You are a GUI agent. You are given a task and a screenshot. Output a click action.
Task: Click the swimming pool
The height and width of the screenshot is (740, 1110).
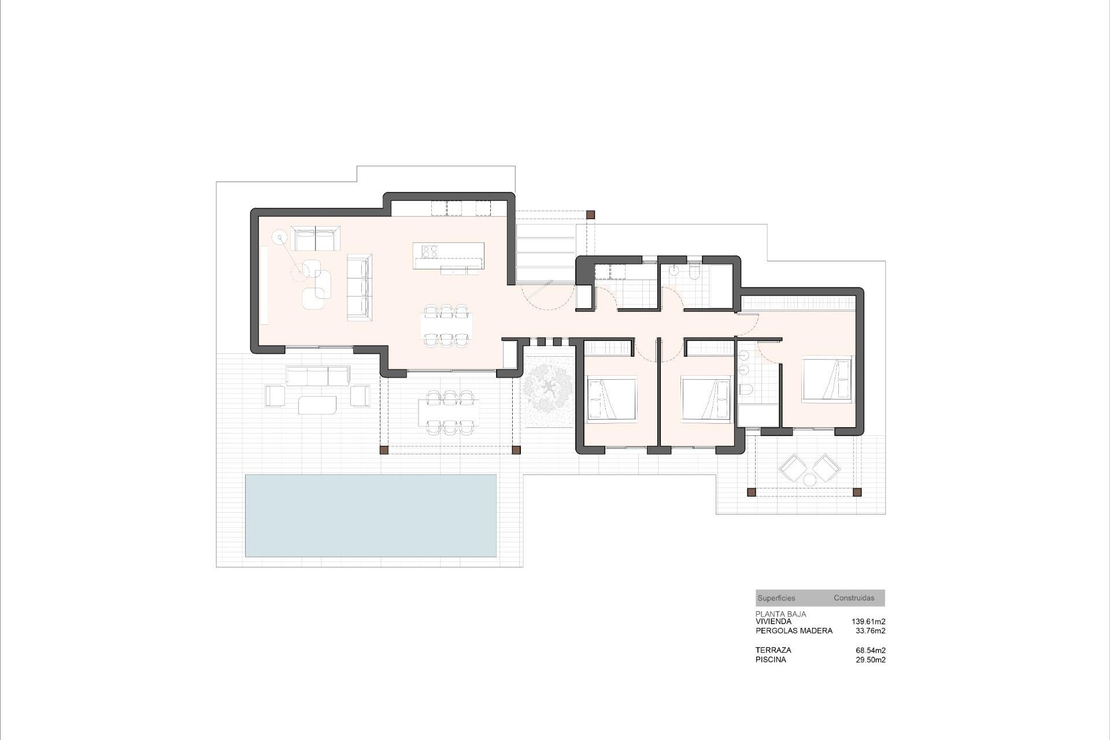(x=371, y=515)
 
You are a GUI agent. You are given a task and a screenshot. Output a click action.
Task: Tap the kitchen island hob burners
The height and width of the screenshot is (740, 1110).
(x=429, y=251)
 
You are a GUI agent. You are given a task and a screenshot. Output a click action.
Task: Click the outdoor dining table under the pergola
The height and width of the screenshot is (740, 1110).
(x=449, y=412)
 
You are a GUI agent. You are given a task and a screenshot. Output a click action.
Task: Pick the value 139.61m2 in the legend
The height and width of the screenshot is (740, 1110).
(x=868, y=621)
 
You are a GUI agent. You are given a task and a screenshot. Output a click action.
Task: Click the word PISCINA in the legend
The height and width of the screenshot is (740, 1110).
(x=771, y=660)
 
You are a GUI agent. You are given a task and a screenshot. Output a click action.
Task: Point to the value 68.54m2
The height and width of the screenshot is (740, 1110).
(x=871, y=650)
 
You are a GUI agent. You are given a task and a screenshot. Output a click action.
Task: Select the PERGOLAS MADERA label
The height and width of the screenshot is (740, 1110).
(x=794, y=631)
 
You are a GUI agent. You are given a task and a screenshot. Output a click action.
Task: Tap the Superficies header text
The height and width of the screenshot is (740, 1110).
(x=776, y=598)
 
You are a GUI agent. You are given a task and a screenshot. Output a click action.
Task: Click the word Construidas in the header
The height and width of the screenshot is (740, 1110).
(x=854, y=598)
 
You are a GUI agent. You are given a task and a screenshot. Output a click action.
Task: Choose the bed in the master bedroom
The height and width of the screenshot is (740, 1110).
(x=827, y=379)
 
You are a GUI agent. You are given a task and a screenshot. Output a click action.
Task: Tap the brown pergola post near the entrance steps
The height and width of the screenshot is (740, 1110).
(x=590, y=214)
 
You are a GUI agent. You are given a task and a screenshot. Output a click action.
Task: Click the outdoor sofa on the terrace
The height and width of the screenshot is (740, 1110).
(x=317, y=376)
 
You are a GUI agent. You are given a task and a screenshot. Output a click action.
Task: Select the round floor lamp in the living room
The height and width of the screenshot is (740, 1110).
(x=281, y=236)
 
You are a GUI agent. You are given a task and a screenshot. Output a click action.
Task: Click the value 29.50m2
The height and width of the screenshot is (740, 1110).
(x=871, y=660)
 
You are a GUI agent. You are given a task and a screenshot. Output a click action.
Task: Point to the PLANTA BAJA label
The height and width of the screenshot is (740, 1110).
(x=780, y=615)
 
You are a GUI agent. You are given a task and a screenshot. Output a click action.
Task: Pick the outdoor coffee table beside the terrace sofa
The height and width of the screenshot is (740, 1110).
(x=317, y=405)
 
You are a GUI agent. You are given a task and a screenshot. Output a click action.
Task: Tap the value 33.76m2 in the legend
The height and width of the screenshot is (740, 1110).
(x=871, y=631)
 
